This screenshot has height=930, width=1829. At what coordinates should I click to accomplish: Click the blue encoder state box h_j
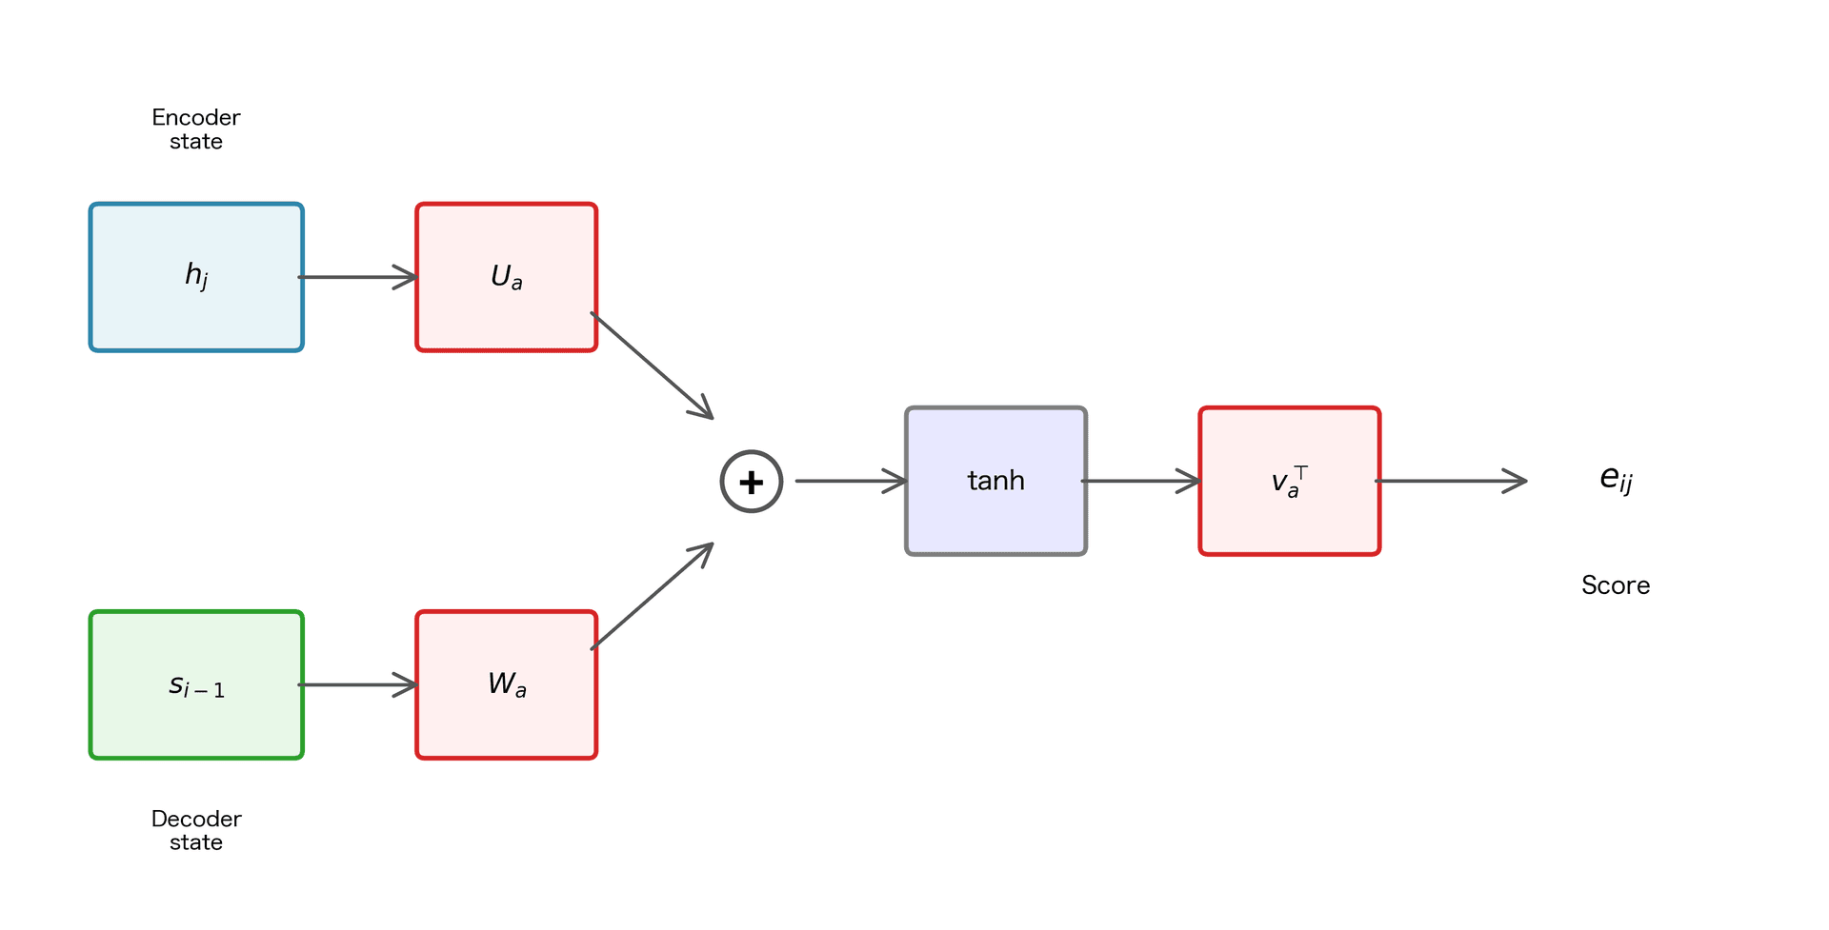pyautogui.click(x=196, y=277)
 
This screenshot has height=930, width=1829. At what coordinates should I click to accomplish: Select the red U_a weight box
pyautogui.click(x=506, y=277)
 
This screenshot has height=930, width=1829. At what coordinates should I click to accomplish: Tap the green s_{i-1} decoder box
pyautogui.click(x=196, y=684)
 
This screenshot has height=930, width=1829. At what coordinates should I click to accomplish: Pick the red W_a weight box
pyautogui.click(x=506, y=684)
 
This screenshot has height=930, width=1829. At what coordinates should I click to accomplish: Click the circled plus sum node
pyautogui.click(x=752, y=482)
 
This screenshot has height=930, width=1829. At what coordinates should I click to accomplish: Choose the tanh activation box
pyautogui.click(x=995, y=481)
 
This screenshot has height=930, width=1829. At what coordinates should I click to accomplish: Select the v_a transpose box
pyautogui.click(x=1289, y=481)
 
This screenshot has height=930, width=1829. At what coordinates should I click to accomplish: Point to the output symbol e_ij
pyautogui.click(x=1616, y=479)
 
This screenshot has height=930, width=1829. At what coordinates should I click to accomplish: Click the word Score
pyautogui.click(x=1616, y=584)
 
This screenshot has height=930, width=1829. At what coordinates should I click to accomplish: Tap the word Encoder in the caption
pyautogui.click(x=196, y=117)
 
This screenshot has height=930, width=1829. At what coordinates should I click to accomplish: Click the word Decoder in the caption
pyautogui.click(x=196, y=819)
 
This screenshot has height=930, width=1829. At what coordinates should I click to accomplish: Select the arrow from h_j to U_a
pyautogui.click(x=357, y=277)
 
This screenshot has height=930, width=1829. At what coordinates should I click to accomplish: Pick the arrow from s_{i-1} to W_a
pyautogui.click(x=357, y=684)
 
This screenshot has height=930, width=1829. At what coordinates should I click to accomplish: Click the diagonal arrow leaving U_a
pyautogui.click(x=652, y=366)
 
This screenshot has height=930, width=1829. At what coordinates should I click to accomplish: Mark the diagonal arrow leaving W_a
pyautogui.click(x=652, y=597)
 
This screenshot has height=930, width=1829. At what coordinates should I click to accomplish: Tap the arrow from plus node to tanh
pyautogui.click(x=850, y=481)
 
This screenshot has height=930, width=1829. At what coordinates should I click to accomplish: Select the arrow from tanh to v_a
pyautogui.click(x=1140, y=481)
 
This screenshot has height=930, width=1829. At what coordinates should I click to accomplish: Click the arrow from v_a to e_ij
pyautogui.click(x=1450, y=481)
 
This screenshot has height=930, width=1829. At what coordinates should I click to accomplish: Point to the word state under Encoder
pyautogui.click(x=196, y=142)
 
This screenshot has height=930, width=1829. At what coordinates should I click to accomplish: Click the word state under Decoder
pyautogui.click(x=196, y=842)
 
